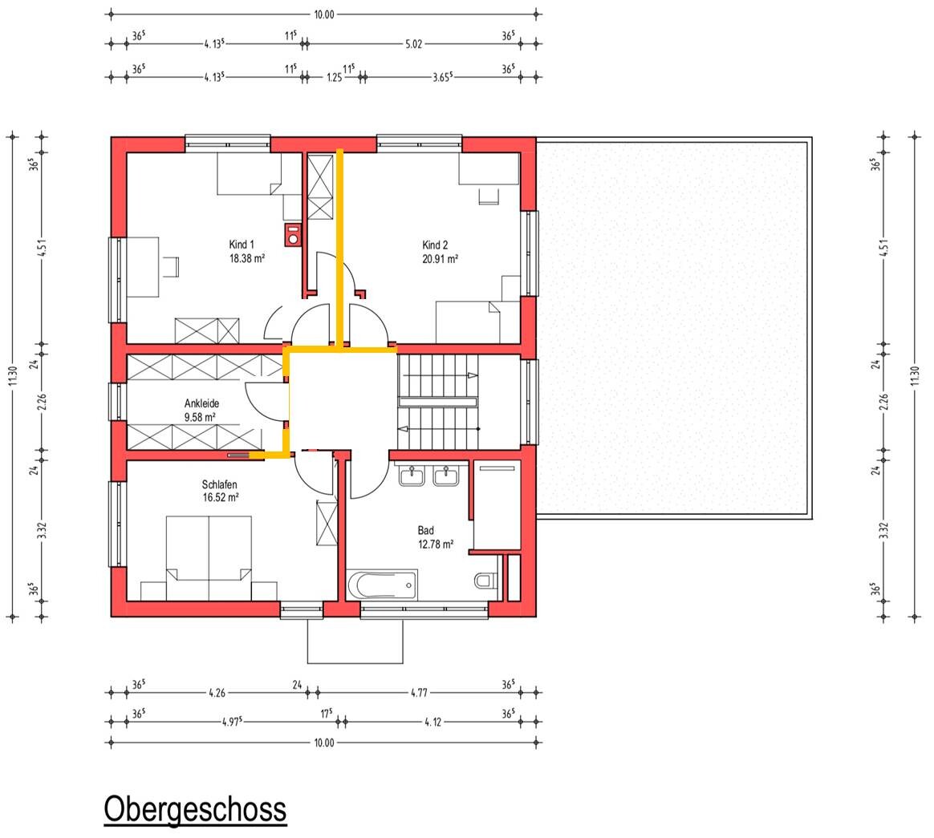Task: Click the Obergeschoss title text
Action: pos(195,809)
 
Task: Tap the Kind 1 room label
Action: pos(242,244)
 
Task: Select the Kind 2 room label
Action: pos(435,245)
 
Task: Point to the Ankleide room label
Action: pos(202,403)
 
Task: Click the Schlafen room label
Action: pos(219,484)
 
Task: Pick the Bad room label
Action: pos(426,530)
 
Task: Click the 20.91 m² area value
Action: pos(441,259)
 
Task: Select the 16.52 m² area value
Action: pos(221,497)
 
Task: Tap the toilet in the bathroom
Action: pos(486,579)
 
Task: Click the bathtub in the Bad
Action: pos(382,585)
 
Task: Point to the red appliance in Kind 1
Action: pos(292,234)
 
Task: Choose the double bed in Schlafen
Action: pos(209,557)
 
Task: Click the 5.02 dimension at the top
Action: pos(413,43)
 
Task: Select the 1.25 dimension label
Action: pos(335,77)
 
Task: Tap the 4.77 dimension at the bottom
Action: pos(419,693)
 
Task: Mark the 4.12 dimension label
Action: pos(433,722)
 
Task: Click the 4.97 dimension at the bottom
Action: pos(232,722)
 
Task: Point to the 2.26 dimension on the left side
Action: pos(42,402)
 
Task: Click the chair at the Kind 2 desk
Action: pos(489,196)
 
